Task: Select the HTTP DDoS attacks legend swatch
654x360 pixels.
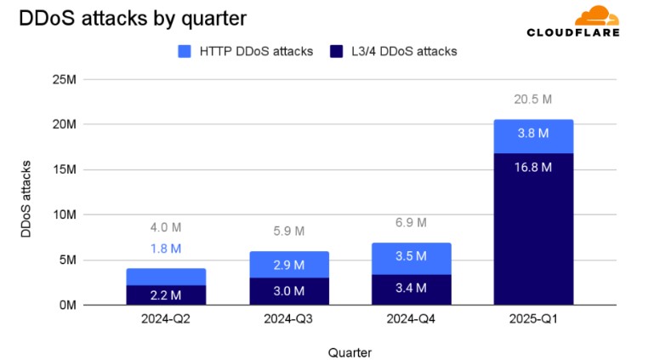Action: point(185,51)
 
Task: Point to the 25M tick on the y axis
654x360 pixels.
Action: point(65,79)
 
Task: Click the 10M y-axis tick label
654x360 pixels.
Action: point(65,214)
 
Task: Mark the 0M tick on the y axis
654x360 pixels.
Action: point(67,305)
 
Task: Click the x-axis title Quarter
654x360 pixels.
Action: point(350,351)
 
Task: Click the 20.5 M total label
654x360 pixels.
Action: point(533,100)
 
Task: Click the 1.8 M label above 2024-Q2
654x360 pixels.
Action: point(165,249)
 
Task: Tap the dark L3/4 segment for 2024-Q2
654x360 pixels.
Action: point(167,294)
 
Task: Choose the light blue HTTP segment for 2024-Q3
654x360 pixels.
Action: point(289,265)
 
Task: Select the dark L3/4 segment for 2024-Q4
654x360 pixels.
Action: point(411,289)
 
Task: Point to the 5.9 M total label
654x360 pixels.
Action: point(288,231)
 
